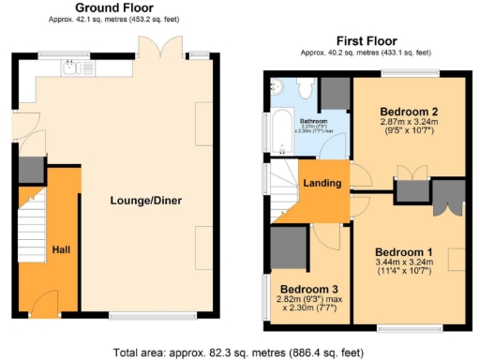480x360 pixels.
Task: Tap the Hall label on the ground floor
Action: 60,251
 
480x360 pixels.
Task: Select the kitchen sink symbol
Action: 70,67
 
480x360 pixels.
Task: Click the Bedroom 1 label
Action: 404,252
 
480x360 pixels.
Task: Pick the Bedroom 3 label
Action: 305,287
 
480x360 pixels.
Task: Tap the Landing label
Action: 318,184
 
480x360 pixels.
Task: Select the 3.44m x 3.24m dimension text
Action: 404,266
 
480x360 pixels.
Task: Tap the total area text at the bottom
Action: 240,352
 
